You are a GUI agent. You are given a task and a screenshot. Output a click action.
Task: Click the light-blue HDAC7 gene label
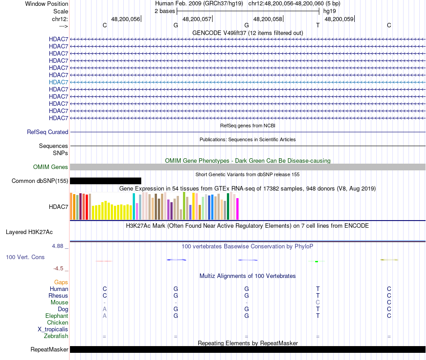tap(59, 82)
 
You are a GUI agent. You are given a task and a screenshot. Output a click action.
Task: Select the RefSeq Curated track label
tap(48, 132)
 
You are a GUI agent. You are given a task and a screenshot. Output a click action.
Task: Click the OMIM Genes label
tap(51, 167)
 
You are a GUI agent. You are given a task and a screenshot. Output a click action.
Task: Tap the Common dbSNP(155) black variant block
tap(105, 181)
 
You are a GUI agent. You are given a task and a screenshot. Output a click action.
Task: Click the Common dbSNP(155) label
tap(40, 181)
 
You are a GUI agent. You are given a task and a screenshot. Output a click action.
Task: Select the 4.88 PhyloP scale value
tap(59, 246)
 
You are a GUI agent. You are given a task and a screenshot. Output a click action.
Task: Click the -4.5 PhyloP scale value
tap(59, 269)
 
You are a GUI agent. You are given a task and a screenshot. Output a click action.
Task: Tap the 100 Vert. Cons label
tap(25, 257)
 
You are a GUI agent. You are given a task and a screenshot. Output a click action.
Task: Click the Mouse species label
tap(59, 303)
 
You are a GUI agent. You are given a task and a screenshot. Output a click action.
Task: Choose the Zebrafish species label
tap(56, 336)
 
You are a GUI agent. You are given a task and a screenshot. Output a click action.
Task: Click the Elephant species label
tap(57, 316)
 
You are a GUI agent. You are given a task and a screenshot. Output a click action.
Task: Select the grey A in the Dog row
tap(104, 309)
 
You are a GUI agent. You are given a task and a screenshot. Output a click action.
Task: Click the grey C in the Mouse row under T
tap(318, 303)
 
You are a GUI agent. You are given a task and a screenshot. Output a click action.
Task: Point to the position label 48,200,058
tap(268, 19)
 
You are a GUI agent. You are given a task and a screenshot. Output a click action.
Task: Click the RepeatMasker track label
tap(49, 350)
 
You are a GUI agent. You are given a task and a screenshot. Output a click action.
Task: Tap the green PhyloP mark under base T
tap(317, 261)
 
